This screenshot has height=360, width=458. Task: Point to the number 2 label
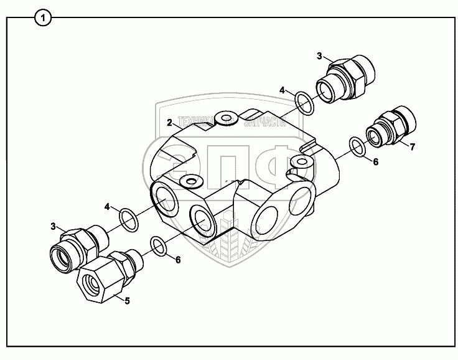(x=169, y=123)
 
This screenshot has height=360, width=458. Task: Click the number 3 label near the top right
(x=319, y=57)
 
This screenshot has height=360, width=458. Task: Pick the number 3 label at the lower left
(x=54, y=225)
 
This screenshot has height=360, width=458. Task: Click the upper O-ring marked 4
(x=304, y=103)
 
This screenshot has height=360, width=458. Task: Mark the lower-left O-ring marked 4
(x=128, y=219)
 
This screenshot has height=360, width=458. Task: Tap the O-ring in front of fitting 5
(x=158, y=246)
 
